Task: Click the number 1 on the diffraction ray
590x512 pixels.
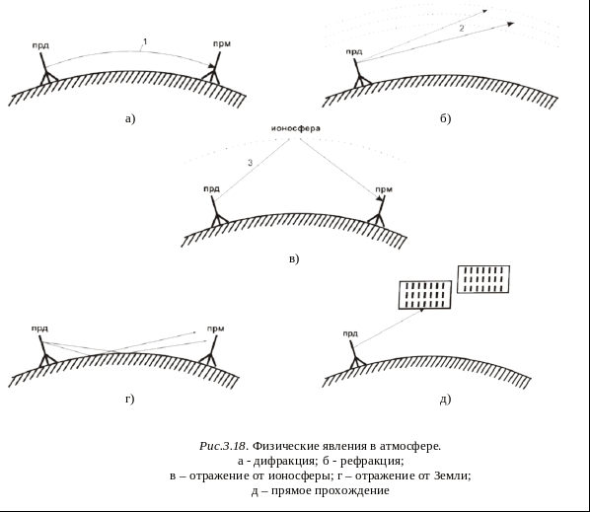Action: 145,41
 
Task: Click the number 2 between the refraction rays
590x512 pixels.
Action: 462,28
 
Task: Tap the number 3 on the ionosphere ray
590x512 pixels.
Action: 251,163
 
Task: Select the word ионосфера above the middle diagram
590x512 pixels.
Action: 296,128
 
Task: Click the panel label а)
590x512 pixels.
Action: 130,119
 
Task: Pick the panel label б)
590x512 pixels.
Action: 446,118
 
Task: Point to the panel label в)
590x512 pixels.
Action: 294,258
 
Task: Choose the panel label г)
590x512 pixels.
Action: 130,399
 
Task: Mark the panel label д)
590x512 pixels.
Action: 446,400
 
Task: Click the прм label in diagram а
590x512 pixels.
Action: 222,44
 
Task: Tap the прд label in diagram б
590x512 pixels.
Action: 354,52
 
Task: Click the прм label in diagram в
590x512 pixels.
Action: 384,189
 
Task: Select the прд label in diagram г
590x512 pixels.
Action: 39,329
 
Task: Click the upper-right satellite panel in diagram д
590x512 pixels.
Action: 483,279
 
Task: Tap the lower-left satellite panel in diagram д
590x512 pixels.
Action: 425,295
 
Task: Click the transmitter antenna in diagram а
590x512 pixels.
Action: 46,70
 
